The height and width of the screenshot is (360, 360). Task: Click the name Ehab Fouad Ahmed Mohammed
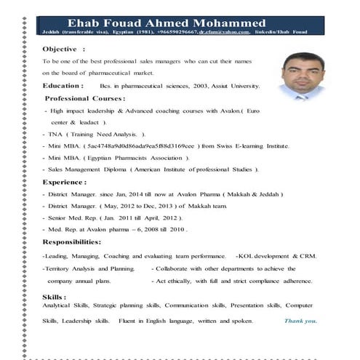click(x=166, y=22)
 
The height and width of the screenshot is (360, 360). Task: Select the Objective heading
click(x=63, y=48)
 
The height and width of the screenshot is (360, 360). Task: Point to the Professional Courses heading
click(x=85, y=97)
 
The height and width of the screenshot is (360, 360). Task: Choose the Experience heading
click(x=65, y=182)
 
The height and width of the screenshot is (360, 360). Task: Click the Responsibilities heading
click(x=72, y=241)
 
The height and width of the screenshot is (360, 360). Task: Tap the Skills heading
click(x=55, y=297)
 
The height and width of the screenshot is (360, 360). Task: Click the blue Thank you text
click(x=300, y=320)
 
